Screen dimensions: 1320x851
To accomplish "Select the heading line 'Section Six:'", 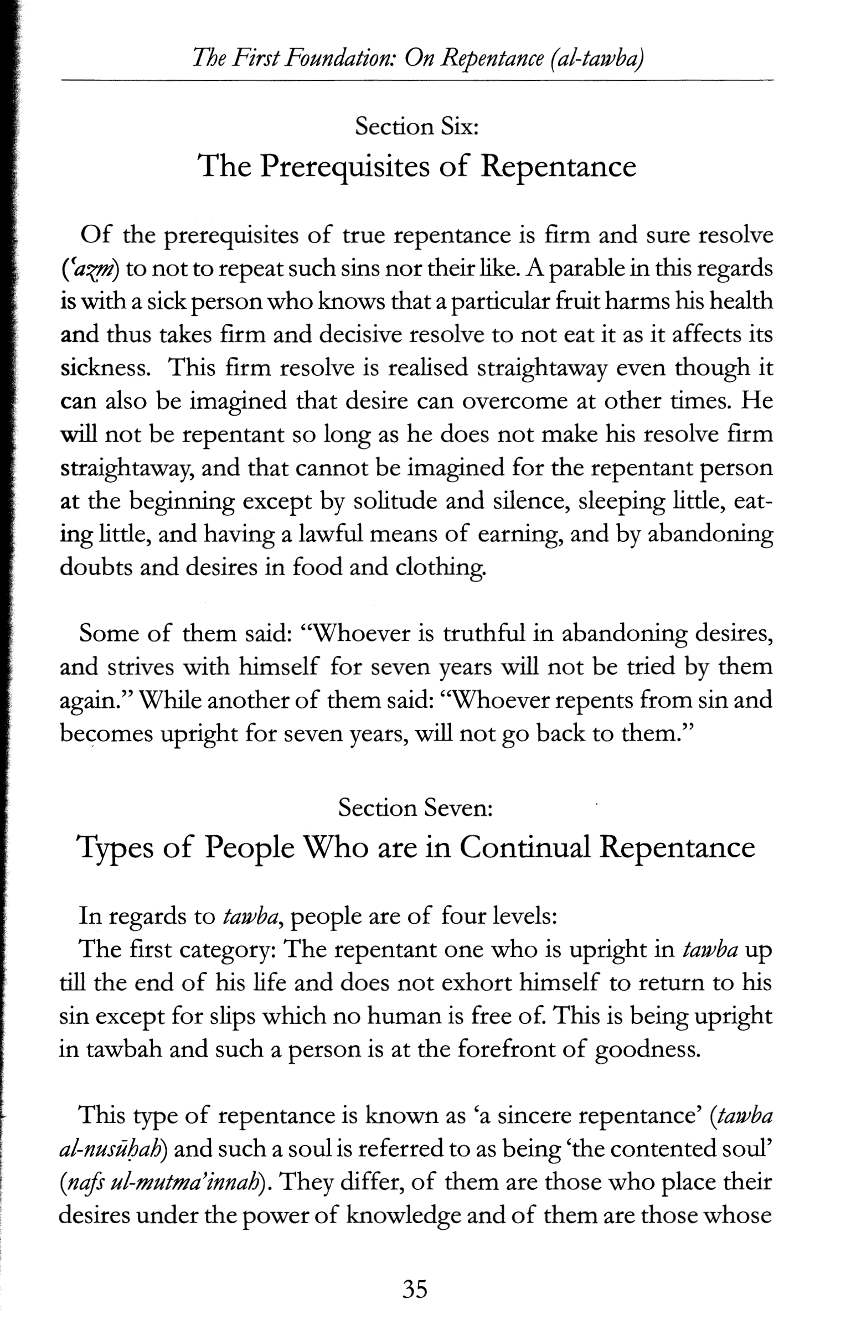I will (x=416, y=127).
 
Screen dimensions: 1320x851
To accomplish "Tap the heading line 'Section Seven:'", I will (x=415, y=808).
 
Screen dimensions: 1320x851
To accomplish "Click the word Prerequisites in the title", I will (x=344, y=166).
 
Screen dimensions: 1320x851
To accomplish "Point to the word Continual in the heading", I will (x=525, y=847).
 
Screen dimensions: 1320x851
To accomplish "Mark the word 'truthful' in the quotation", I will (x=483, y=633).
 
